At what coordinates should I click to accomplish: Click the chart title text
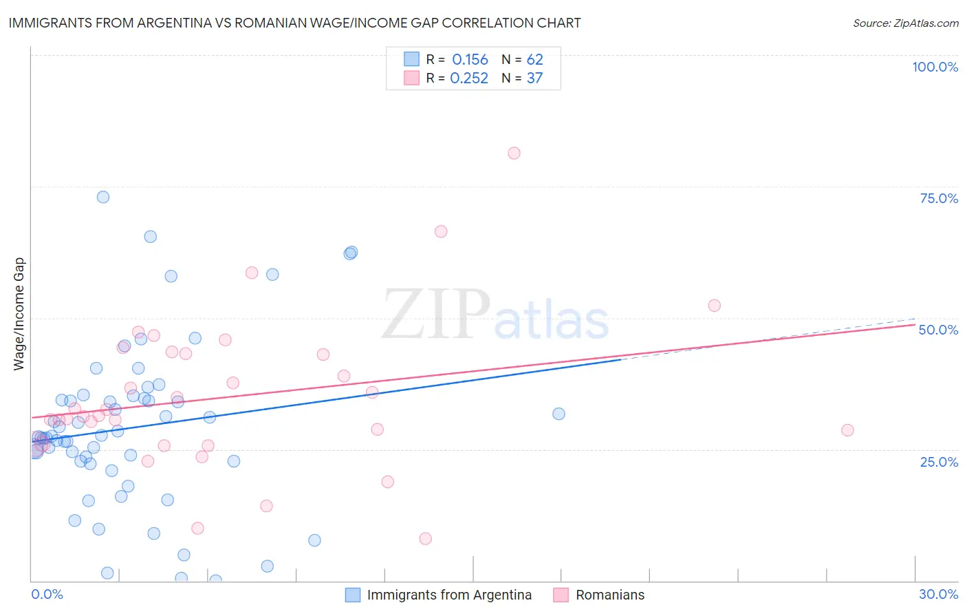[x=294, y=23]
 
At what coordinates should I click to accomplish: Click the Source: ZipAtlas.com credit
[x=905, y=23]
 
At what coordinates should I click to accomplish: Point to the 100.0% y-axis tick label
[x=935, y=67]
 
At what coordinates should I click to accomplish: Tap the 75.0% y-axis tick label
[x=939, y=198]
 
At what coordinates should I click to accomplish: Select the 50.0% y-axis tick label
[x=938, y=330]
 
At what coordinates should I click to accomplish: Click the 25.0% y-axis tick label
[x=939, y=461]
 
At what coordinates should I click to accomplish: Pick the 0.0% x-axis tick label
[x=47, y=594]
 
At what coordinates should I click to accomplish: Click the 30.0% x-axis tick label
[x=938, y=594]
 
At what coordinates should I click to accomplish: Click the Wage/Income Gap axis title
[x=19, y=314]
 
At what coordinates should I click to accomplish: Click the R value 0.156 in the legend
[x=470, y=60]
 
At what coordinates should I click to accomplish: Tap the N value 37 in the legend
[x=534, y=78]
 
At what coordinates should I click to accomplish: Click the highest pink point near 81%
[x=514, y=153]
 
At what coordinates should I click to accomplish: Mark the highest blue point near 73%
[x=103, y=197]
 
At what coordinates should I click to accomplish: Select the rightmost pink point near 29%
[x=847, y=430]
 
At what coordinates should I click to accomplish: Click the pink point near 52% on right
[x=714, y=306]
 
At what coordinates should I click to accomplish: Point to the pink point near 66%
[x=441, y=231]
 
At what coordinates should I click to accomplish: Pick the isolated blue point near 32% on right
[x=558, y=414]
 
